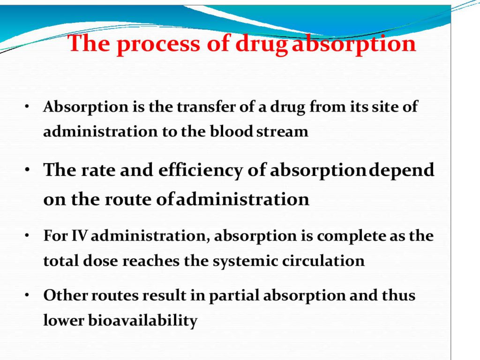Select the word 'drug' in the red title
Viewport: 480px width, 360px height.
[262, 44]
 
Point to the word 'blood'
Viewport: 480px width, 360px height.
[231, 131]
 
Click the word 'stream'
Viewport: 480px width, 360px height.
[282, 132]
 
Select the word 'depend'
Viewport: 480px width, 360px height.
[401, 171]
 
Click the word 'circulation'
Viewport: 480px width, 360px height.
[323, 261]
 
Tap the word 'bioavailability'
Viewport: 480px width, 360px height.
[142, 321]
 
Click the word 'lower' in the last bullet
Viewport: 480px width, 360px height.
[63, 321]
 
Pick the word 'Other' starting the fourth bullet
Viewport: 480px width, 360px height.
[66, 295]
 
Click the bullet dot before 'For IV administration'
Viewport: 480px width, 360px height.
[27, 236]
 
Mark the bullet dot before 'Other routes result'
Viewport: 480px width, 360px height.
[27, 295]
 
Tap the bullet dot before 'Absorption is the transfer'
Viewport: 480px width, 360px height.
[27, 106]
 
